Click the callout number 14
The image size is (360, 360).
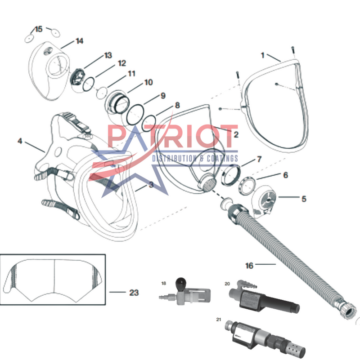tap(79, 41)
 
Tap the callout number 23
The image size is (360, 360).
tap(134, 292)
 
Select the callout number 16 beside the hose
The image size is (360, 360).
tap(249, 265)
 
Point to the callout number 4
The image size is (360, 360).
tap(20, 141)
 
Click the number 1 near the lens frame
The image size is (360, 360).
tap(262, 55)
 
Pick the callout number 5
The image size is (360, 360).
tap(304, 197)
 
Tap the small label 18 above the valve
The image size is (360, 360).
tap(164, 283)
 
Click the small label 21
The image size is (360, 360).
tap(219, 320)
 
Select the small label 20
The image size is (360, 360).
tap(227, 284)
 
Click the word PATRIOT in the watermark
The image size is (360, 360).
tap(171, 137)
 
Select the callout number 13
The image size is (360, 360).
tap(108, 55)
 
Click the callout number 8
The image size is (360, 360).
tap(177, 106)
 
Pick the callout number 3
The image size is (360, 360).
tap(151, 184)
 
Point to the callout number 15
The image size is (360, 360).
tap(39, 29)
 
